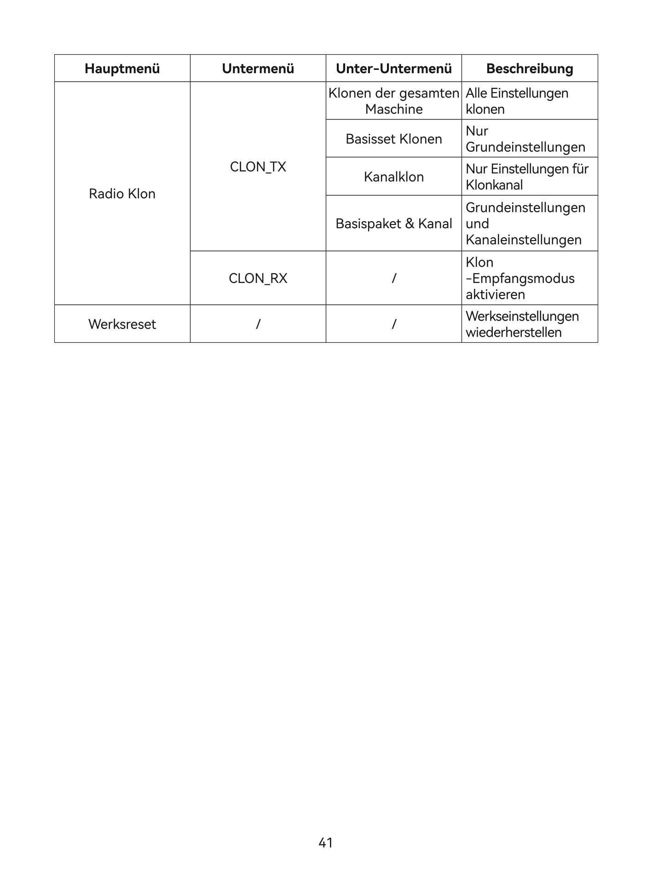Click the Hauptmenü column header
point(122,69)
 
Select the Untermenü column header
point(258,69)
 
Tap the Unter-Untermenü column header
point(393,69)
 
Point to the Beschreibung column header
point(530,69)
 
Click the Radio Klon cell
point(122,194)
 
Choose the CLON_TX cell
point(258,167)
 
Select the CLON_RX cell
point(258,278)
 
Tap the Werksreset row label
point(122,324)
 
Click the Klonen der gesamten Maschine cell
point(393,101)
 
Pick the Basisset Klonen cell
point(393,139)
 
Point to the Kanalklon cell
point(393,177)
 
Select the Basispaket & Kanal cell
point(393,224)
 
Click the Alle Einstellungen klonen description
point(517,101)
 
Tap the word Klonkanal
point(494,185)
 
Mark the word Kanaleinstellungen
point(524,240)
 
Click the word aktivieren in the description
point(495,294)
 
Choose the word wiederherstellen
point(514,332)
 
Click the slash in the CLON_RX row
point(394,278)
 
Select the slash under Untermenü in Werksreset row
point(258,324)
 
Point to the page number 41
point(326,842)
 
